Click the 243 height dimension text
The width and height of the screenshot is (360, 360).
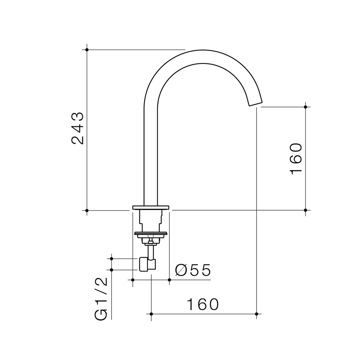tap(77, 128)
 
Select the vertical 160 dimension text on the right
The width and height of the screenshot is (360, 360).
tap(296, 159)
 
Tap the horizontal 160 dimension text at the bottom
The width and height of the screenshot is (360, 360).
tap(203, 304)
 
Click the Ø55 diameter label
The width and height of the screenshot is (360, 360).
tap(193, 270)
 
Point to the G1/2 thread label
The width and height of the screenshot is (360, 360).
tap(101, 299)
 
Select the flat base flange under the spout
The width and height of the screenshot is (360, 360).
tap(151, 207)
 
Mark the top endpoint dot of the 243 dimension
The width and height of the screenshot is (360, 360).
tap(87, 50)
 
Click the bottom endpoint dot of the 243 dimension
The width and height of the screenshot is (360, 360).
tap(87, 210)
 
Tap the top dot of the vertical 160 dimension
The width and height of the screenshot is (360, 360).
tap(305, 107)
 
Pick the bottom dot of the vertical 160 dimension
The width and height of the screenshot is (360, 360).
tap(305, 210)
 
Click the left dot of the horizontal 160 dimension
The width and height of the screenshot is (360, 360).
tap(151, 314)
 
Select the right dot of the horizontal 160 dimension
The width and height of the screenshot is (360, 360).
tap(256, 314)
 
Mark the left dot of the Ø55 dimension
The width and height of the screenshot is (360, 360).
tap(133, 280)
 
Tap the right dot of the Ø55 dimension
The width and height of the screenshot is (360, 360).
tap(169, 280)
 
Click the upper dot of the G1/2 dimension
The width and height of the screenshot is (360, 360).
tap(112, 259)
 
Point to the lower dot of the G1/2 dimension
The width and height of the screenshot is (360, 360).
tap(112, 270)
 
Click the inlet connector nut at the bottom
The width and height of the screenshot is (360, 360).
tap(144, 264)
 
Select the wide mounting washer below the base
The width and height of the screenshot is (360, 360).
tap(151, 233)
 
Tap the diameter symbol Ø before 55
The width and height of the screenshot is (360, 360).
tap(181, 270)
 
